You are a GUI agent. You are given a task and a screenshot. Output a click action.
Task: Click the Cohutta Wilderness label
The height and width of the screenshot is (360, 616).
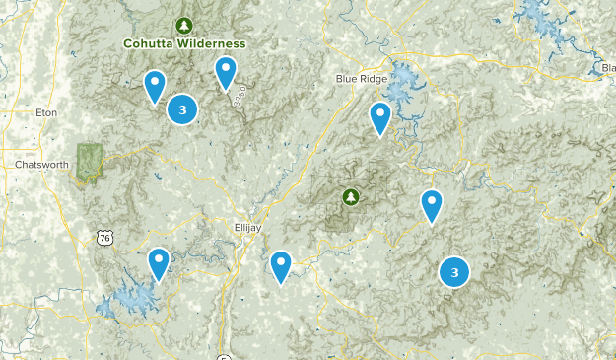click(x=184, y=43)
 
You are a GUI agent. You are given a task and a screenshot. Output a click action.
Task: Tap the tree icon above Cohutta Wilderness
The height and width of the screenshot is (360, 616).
click(x=183, y=24)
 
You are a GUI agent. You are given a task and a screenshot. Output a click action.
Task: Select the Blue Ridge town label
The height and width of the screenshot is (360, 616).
click(x=359, y=79)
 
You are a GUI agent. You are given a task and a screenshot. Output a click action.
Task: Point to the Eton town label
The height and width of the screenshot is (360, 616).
click(x=45, y=113)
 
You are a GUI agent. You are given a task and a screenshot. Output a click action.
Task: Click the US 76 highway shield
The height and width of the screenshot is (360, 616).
click(x=103, y=237)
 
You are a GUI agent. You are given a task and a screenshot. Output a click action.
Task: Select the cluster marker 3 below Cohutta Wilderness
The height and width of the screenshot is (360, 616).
click(x=182, y=109)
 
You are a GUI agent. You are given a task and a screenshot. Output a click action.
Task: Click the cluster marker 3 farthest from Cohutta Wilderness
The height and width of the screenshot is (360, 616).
click(x=453, y=272)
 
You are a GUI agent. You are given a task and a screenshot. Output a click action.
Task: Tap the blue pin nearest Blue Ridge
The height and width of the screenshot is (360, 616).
click(x=380, y=117)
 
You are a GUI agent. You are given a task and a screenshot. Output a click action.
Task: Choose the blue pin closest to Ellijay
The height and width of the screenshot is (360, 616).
click(x=281, y=264)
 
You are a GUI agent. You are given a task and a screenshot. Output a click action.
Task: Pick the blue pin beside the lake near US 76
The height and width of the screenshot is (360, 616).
click(x=158, y=262)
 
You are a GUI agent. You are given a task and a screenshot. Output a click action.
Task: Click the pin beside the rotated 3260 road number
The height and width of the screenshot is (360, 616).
click(x=226, y=71)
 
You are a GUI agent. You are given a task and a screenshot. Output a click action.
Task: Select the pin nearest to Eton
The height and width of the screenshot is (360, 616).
click(x=154, y=85)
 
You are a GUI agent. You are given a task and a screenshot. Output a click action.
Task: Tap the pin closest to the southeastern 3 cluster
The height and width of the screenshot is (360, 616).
click(x=431, y=205)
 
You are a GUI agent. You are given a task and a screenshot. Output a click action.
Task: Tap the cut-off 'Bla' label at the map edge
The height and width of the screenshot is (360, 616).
click(x=606, y=67)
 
